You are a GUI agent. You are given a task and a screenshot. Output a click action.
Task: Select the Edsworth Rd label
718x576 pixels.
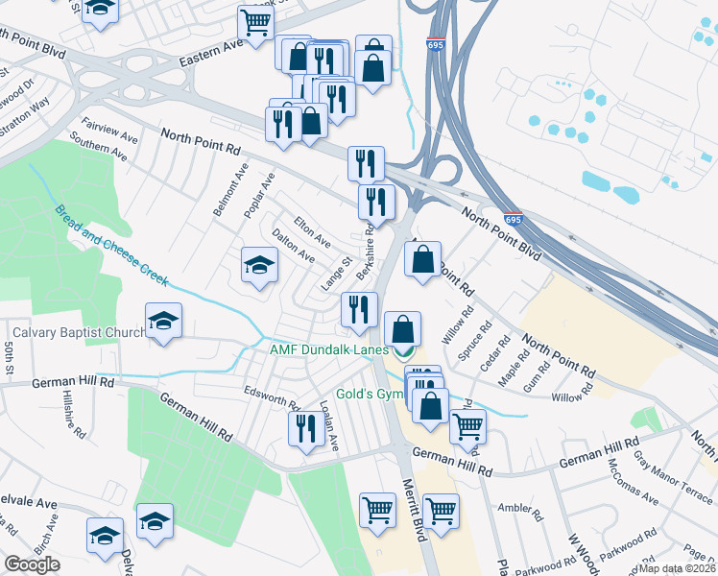pyautogui.click(x=272, y=398)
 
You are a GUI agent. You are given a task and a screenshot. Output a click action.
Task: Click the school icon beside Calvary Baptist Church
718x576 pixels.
pyautogui.click(x=164, y=322)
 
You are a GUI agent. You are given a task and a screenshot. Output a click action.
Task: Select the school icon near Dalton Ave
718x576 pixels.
pyautogui.click(x=258, y=266)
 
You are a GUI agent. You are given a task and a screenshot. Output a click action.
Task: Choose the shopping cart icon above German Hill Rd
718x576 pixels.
pyautogui.click(x=467, y=425)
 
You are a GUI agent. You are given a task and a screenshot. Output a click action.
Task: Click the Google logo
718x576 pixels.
pyautogui.click(x=33, y=564)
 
